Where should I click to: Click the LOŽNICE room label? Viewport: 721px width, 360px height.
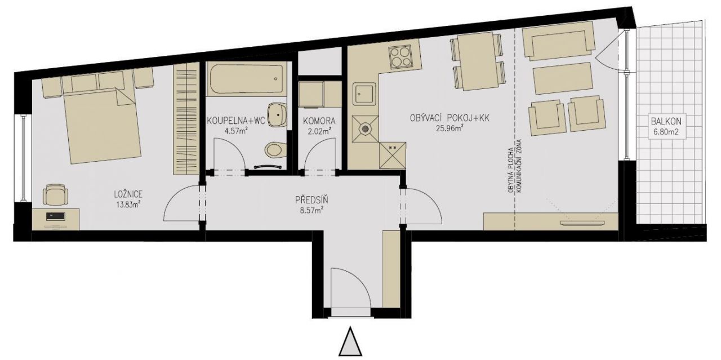(x=128, y=194)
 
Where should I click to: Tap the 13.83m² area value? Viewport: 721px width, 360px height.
(x=128, y=205)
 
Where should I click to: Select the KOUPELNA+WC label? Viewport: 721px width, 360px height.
(x=236, y=121)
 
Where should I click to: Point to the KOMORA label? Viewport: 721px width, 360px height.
(x=319, y=121)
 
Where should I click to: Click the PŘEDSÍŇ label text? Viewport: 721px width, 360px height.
(x=311, y=200)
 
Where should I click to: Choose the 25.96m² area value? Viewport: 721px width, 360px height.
(x=449, y=128)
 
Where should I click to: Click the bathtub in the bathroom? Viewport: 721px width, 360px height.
(x=246, y=79)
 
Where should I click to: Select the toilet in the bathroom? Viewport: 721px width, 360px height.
(x=275, y=150)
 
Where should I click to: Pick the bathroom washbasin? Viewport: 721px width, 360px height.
(x=277, y=115)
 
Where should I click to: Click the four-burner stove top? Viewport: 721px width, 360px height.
(x=400, y=57)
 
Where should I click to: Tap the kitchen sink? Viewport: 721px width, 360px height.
(x=364, y=94)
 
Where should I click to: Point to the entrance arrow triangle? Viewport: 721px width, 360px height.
(x=350, y=341)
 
